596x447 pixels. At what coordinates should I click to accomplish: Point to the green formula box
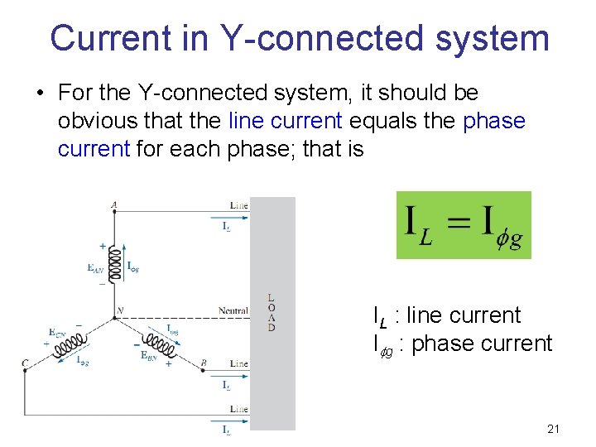(464, 225)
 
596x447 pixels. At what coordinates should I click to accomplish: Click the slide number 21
(554, 429)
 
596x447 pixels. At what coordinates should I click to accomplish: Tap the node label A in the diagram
(113, 204)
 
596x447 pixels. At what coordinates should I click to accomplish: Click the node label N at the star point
(119, 311)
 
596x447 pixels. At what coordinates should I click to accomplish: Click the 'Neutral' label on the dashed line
(233, 311)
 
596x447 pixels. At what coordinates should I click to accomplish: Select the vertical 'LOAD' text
(272, 313)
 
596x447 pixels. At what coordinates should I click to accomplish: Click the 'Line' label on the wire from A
(238, 205)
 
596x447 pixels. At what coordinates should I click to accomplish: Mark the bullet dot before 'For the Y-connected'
(40, 94)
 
